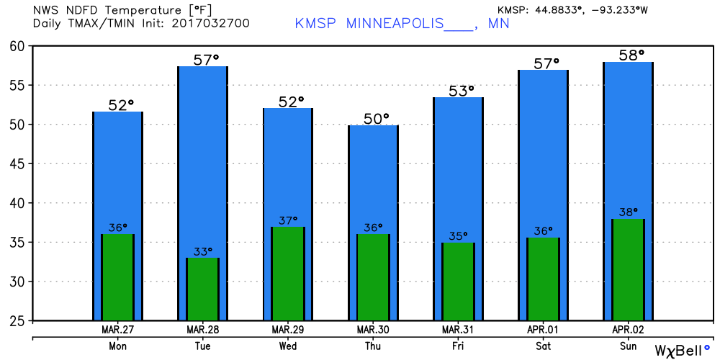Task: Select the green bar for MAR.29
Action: [x=288, y=273]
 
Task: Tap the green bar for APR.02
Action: [x=628, y=269]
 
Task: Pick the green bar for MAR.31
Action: [x=458, y=281]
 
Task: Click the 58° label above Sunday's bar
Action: [x=629, y=55]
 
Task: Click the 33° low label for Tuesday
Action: [x=203, y=251]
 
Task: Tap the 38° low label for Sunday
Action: [x=629, y=212]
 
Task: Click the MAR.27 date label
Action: [x=117, y=330]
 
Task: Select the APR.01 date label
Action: [x=543, y=330]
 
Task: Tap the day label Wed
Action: [x=288, y=346]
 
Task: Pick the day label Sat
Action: [x=543, y=346]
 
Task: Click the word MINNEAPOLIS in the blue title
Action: [x=395, y=24]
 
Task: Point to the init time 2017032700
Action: [x=211, y=23]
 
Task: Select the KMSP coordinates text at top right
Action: [x=572, y=9]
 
